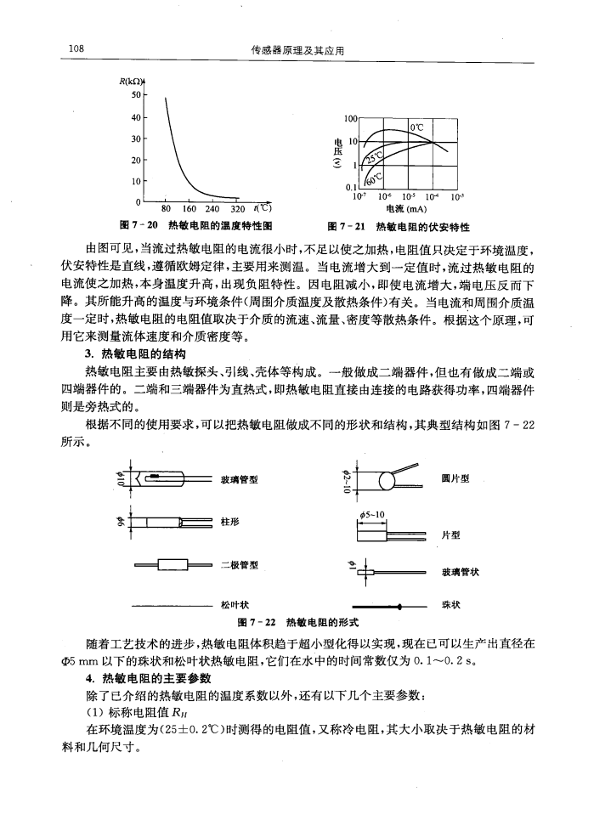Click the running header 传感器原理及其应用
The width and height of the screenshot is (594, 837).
point(297,51)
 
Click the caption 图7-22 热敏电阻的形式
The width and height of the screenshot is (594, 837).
point(297,622)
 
